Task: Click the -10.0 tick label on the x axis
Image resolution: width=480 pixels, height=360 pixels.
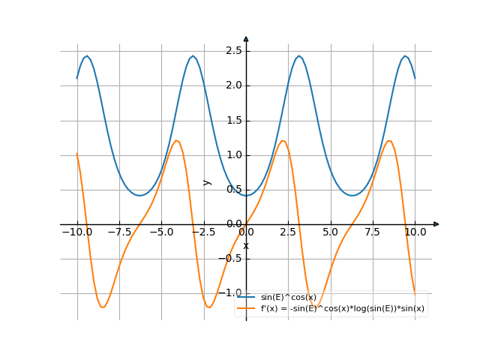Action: pos(77,232)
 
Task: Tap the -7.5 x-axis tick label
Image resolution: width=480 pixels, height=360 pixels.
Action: pos(119,232)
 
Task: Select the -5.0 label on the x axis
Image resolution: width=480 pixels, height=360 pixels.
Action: pos(161,232)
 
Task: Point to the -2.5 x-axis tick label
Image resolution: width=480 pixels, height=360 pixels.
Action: pos(203,232)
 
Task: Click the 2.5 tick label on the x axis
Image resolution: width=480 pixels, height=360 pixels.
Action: pos(288,232)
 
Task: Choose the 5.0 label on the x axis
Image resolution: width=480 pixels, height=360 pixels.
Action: pos(330,232)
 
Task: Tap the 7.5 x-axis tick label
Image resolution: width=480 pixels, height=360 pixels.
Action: pos(373,232)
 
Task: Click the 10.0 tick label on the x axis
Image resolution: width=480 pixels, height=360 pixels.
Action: pos(415,232)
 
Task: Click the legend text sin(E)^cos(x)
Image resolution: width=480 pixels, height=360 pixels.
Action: pos(289,298)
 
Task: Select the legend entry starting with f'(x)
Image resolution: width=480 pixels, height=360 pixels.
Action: pos(342,308)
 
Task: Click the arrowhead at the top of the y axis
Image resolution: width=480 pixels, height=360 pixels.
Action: pos(246,38)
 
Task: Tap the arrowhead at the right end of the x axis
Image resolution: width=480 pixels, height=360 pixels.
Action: pos(436,224)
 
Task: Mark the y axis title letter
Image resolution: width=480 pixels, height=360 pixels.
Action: pos(208,182)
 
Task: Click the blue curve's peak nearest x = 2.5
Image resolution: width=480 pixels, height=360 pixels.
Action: pos(299,56)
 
